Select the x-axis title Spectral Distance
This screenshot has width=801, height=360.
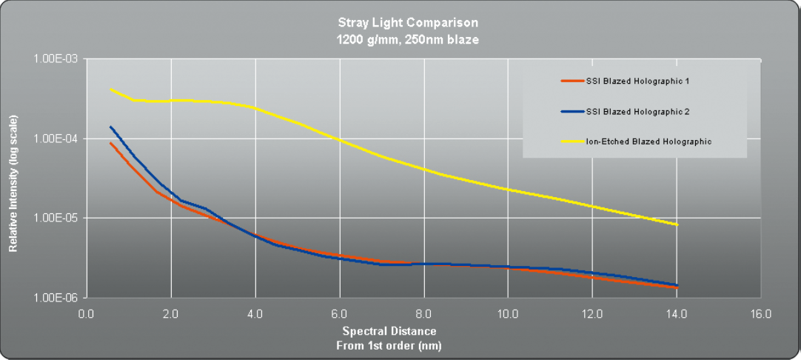[389, 331]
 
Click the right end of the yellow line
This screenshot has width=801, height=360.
[677, 224]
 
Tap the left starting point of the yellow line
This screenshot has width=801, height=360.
[110, 89]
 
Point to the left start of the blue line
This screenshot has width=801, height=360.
[110, 127]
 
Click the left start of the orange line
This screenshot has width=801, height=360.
[110, 142]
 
